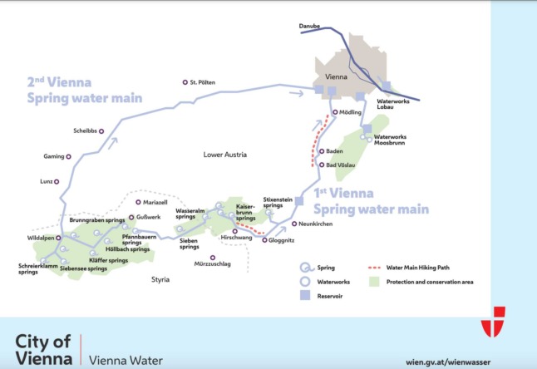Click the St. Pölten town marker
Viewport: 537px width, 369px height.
pos(185,82)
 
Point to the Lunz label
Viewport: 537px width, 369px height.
pos(45,180)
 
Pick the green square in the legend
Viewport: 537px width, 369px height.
pos(376,283)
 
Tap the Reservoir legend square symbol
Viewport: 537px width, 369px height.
pos(305,296)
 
